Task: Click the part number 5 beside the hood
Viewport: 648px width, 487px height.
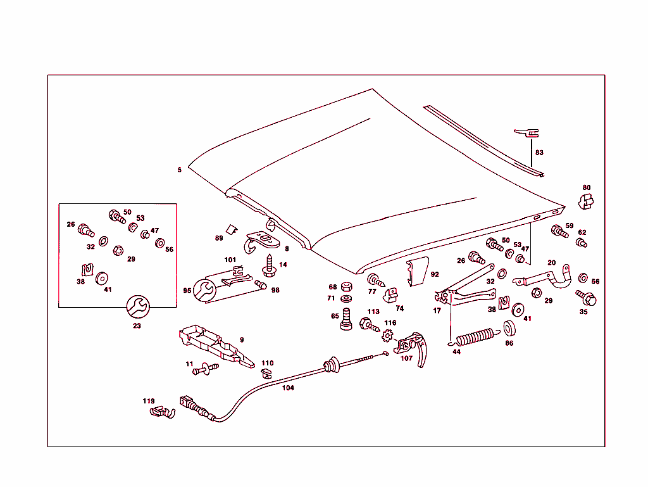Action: tap(180, 170)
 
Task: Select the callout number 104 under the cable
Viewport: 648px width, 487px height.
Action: tap(288, 388)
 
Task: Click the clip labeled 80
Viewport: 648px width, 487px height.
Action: tap(587, 201)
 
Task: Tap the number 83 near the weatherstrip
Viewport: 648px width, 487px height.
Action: tap(539, 153)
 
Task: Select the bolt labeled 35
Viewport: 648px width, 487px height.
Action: tap(587, 297)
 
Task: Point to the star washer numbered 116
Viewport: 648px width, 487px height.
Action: tap(387, 335)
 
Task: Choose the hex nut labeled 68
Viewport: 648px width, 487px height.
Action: tap(346, 286)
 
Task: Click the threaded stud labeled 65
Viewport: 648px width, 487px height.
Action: tap(346, 317)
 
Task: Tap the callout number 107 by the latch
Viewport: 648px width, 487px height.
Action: tap(406, 358)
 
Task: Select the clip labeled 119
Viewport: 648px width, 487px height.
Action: tap(161, 413)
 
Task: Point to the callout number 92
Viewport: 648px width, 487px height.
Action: tap(434, 275)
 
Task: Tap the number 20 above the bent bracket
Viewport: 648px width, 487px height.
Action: tap(551, 262)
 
